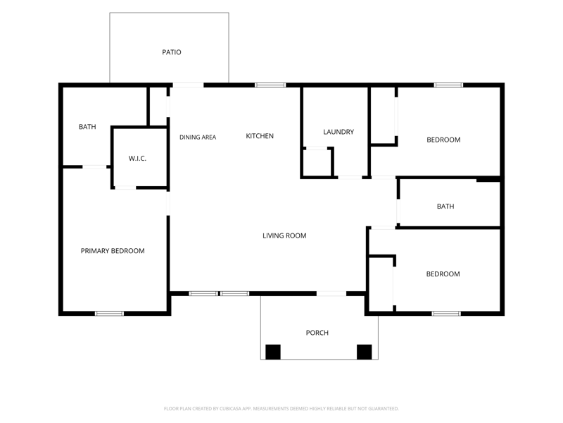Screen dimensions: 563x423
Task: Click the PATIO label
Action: tap(172, 52)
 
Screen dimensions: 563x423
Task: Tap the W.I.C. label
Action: tap(137, 158)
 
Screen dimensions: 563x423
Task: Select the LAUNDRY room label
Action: tap(339, 132)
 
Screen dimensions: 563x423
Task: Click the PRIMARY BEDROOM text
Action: tap(113, 251)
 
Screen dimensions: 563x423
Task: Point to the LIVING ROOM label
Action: tap(284, 235)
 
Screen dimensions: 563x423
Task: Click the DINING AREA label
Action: tap(198, 137)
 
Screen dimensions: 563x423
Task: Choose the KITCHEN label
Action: tap(260, 136)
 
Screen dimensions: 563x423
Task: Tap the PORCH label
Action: tap(317, 333)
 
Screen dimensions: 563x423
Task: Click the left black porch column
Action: tap(273, 352)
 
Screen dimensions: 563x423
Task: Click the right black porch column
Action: tap(364, 352)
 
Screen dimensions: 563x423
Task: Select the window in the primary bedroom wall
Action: tap(109, 314)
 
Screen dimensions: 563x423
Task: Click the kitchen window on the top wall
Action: tap(270, 85)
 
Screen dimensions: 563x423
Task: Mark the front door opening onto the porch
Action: tap(331, 294)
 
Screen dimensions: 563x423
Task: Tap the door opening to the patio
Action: tap(189, 85)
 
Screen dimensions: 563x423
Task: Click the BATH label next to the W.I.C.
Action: tap(87, 127)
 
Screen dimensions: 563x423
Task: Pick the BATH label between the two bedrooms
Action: tap(445, 206)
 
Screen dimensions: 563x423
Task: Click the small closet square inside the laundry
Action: tap(317, 163)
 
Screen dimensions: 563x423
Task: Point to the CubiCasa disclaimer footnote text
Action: tap(281, 409)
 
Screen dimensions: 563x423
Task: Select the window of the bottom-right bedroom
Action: tap(446, 314)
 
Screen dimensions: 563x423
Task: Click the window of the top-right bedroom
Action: tap(448, 85)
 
